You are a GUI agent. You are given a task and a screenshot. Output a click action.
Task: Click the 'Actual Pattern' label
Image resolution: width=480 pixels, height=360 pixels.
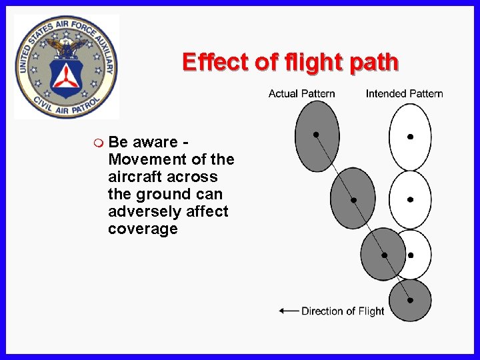(301, 93)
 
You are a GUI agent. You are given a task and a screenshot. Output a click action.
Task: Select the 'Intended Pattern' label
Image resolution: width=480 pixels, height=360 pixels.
(404, 93)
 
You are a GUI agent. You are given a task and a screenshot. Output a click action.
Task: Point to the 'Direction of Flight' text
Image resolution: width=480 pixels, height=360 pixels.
(343, 311)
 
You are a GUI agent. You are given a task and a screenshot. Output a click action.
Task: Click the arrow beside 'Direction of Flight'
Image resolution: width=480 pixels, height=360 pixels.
(289, 311)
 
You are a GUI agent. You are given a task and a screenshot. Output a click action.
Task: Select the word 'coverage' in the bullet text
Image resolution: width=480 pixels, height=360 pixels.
(143, 229)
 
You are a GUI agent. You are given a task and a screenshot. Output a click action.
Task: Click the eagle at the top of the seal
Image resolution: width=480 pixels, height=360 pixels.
(67, 45)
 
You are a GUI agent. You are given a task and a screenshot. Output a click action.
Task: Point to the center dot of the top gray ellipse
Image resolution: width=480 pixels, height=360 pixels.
(316, 134)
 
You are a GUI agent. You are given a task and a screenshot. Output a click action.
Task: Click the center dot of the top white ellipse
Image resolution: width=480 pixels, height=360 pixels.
(410, 137)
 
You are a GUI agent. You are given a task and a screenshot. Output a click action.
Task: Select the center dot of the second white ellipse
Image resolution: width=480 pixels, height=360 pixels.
(410, 199)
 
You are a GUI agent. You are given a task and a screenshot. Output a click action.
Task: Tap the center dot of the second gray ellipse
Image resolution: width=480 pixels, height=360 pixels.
(353, 200)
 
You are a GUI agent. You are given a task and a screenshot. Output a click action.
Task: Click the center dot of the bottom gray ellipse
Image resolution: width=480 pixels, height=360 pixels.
(410, 300)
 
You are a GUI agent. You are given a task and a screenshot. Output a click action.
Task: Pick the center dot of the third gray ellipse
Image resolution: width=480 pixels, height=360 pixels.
(384, 255)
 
